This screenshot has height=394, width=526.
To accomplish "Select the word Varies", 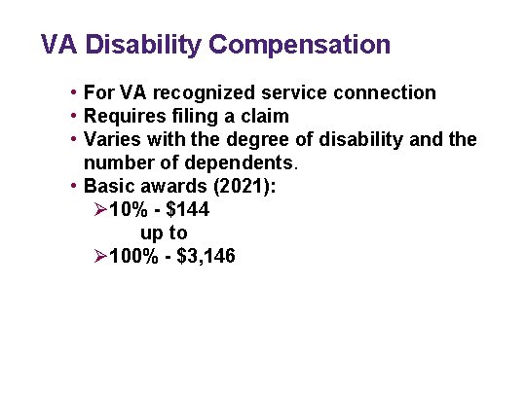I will coord(112,140).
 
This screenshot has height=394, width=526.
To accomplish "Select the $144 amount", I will coord(185,209).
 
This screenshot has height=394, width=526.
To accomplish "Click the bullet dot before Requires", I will coord(74,117).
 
